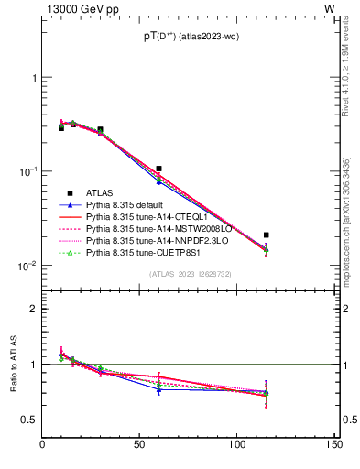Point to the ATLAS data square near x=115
[266, 235]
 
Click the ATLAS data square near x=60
[158, 169]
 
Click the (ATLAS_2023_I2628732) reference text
[190, 274]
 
